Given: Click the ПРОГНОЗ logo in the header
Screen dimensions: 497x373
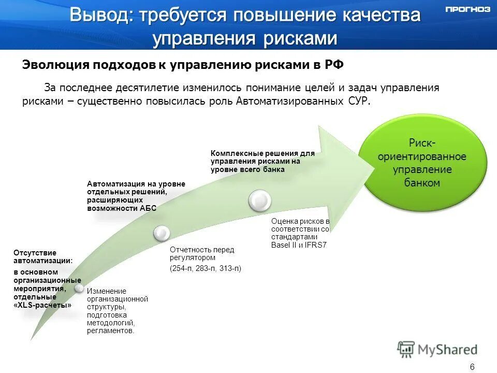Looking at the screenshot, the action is point(467,9).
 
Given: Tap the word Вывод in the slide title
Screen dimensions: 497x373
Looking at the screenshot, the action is point(99,15).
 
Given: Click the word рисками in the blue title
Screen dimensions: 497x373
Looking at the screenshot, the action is point(304,38).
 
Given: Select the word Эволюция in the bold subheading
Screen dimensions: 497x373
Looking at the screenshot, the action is point(55,65).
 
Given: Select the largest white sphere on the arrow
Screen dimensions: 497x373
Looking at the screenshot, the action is point(259,200).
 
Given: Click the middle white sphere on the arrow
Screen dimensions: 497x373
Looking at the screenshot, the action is point(162,233).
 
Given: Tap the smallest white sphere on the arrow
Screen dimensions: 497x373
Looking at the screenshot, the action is point(79,287).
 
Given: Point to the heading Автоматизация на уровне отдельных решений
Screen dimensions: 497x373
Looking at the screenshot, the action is point(136,196).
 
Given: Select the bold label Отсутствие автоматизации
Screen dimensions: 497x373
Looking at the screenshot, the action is point(43,257).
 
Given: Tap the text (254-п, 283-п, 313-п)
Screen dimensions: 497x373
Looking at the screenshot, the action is point(206,268).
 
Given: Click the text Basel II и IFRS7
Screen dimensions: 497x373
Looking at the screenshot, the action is point(299,245).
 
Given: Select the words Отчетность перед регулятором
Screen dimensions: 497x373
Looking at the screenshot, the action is point(202,253).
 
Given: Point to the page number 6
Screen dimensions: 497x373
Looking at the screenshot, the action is point(472,367).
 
